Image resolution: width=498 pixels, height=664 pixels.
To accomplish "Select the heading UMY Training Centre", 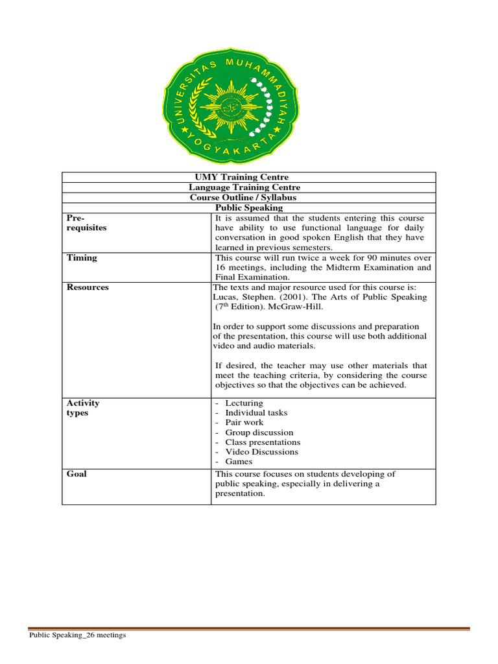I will [249, 177].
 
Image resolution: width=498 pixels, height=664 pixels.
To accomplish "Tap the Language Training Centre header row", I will [249, 187].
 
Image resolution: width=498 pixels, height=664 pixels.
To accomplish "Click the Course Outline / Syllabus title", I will [249, 198].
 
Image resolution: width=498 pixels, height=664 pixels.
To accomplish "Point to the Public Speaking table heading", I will [249, 208].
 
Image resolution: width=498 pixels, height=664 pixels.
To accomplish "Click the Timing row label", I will [82, 257].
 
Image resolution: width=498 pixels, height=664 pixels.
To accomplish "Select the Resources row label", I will [88, 287].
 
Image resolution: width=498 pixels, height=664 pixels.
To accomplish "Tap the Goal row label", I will [77, 474].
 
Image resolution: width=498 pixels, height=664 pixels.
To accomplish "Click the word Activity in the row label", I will [83, 403].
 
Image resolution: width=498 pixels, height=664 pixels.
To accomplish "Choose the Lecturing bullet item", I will [244, 403].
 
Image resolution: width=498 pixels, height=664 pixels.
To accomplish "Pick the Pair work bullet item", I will [244, 423].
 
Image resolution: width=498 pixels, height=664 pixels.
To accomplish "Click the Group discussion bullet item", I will [259, 433].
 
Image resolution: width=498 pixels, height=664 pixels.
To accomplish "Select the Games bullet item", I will [239, 462].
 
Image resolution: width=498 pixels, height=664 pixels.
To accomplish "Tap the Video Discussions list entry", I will [261, 452].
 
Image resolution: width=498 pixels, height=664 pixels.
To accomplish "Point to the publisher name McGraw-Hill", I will [309, 307].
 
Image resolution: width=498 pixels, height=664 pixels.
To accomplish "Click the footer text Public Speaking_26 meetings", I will [77, 635].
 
